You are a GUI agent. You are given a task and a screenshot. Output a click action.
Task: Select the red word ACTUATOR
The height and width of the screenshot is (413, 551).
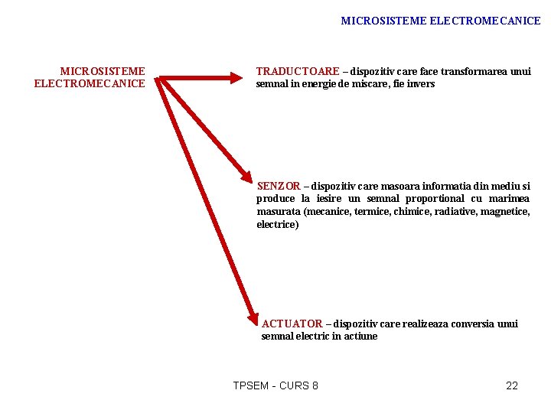pyautogui.click(x=292, y=324)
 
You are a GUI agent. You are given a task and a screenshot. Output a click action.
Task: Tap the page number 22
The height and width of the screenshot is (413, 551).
pyautogui.click(x=512, y=385)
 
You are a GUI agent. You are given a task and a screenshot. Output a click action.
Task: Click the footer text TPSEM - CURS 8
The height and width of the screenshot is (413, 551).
pyautogui.click(x=275, y=385)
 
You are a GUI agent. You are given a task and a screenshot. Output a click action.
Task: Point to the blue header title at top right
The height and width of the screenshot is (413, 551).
pyautogui.click(x=440, y=21)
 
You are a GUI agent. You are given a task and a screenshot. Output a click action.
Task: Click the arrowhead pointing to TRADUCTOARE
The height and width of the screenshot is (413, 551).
pyautogui.click(x=233, y=76)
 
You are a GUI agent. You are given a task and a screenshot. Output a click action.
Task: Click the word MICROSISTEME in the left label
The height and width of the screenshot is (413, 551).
pyautogui.click(x=103, y=71)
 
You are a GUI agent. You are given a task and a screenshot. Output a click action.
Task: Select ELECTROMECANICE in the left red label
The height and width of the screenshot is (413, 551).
pyautogui.click(x=90, y=83)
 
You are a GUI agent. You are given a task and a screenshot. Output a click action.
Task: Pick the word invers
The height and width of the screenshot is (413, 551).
pyautogui.click(x=419, y=83)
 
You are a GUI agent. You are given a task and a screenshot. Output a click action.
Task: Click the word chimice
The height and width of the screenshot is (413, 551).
pyautogui.click(x=412, y=212)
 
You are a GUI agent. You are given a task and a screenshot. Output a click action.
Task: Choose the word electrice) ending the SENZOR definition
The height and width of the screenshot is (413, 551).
pyautogui.click(x=278, y=225)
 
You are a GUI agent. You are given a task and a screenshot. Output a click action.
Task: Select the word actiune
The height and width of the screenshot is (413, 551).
pyautogui.click(x=360, y=336)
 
